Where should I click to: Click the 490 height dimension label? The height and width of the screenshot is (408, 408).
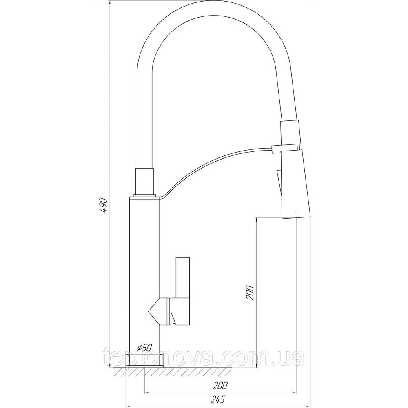pyautogui.click(x=104, y=206)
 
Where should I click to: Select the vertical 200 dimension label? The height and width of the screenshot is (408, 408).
pyautogui.click(x=249, y=293)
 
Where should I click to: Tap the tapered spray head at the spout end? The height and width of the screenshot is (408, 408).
pyautogui.click(x=297, y=184)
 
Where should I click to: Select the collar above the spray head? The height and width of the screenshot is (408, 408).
pyautogui.click(x=290, y=132)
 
